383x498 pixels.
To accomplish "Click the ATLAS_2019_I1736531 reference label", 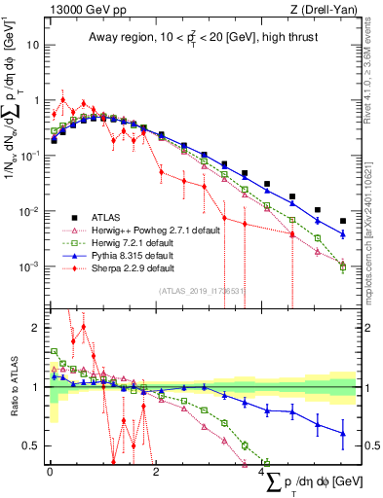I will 203,289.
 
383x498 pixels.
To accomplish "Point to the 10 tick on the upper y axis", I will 34,45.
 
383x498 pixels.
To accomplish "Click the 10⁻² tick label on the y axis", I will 31,211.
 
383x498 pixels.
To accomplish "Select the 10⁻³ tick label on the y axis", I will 31,267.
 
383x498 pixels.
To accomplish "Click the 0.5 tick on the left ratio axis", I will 34,446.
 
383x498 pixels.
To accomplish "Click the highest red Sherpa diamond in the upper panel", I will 63,99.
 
